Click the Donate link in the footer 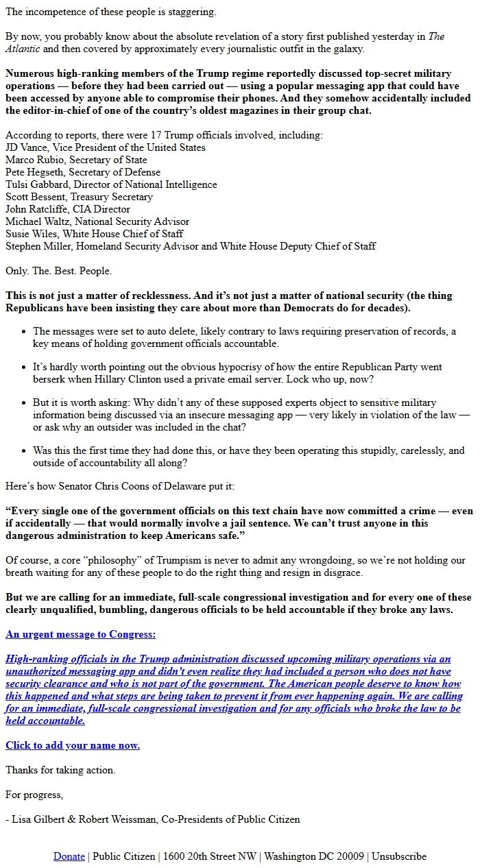pyautogui.click(x=69, y=856)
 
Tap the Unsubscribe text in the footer pyautogui.click(x=399, y=856)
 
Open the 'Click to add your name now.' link pyautogui.click(x=73, y=745)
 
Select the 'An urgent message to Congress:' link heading pyautogui.click(x=80, y=634)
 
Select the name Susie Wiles pyautogui.click(x=31, y=234)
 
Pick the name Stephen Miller pyautogui.click(x=36, y=246)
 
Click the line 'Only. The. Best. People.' pyautogui.click(x=58, y=271)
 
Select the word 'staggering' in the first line pyautogui.click(x=192, y=12)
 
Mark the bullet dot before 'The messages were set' pyautogui.click(x=25, y=331)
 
